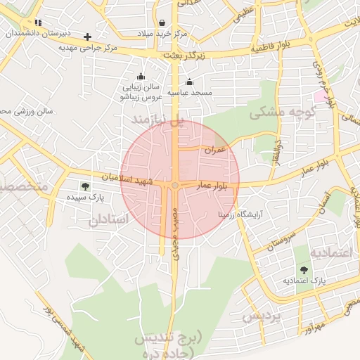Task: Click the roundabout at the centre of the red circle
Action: coord(174,185)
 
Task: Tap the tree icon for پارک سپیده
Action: coord(85,186)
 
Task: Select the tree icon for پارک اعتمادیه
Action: coord(304,269)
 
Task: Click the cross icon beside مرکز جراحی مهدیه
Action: coord(87,37)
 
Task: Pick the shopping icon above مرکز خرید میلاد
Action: coord(162,22)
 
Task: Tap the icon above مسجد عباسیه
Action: coord(189,82)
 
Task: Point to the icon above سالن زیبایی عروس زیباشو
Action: coord(141,77)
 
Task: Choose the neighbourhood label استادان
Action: coord(109,220)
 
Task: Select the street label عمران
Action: coord(216,150)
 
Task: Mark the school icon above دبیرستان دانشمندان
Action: coord(38,22)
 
